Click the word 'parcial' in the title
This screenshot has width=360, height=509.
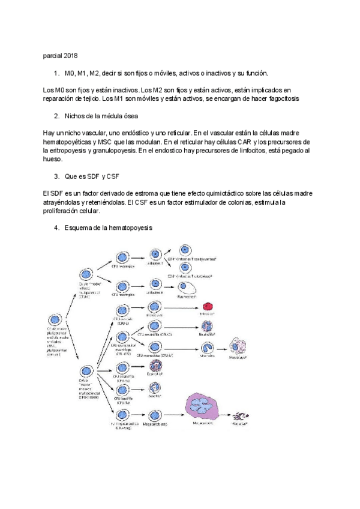point(52,55)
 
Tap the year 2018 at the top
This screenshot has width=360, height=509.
point(70,55)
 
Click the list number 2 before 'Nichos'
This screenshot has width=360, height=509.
point(56,115)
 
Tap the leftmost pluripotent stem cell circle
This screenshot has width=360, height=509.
point(56,320)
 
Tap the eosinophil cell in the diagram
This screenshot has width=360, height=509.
point(155,365)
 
